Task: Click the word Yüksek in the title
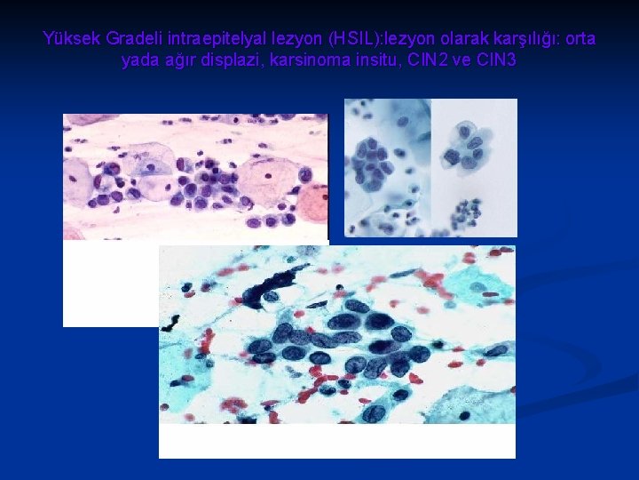(71, 40)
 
